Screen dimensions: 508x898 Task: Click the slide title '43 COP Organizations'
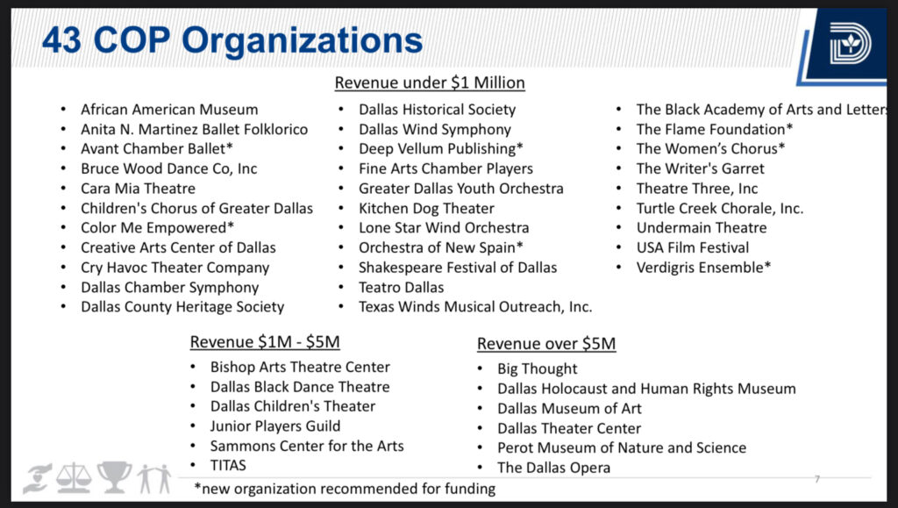point(232,41)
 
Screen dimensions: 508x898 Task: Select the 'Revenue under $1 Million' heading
point(430,83)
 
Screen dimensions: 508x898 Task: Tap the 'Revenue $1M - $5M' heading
point(265,342)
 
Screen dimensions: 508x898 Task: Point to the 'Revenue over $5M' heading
point(546,344)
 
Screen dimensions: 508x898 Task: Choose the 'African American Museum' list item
point(169,110)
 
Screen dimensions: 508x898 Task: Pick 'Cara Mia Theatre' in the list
point(139,189)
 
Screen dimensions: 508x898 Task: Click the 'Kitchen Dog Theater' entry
point(426,209)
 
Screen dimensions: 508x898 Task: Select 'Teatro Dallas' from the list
point(401,288)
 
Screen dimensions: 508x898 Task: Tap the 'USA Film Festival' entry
point(693,247)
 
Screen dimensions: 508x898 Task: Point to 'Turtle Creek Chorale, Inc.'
point(719,209)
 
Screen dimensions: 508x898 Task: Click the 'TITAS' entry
point(228,466)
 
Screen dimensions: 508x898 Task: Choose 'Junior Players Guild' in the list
point(275,426)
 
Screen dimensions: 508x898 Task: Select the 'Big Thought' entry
point(538,369)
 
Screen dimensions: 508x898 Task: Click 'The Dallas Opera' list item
point(553,468)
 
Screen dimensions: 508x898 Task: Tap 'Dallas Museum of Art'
point(569,409)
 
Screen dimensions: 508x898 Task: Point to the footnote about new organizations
point(345,489)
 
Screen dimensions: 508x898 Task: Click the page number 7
point(817,479)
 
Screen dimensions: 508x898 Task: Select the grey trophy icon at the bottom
point(115,477)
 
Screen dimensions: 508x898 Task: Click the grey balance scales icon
point(74,478)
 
